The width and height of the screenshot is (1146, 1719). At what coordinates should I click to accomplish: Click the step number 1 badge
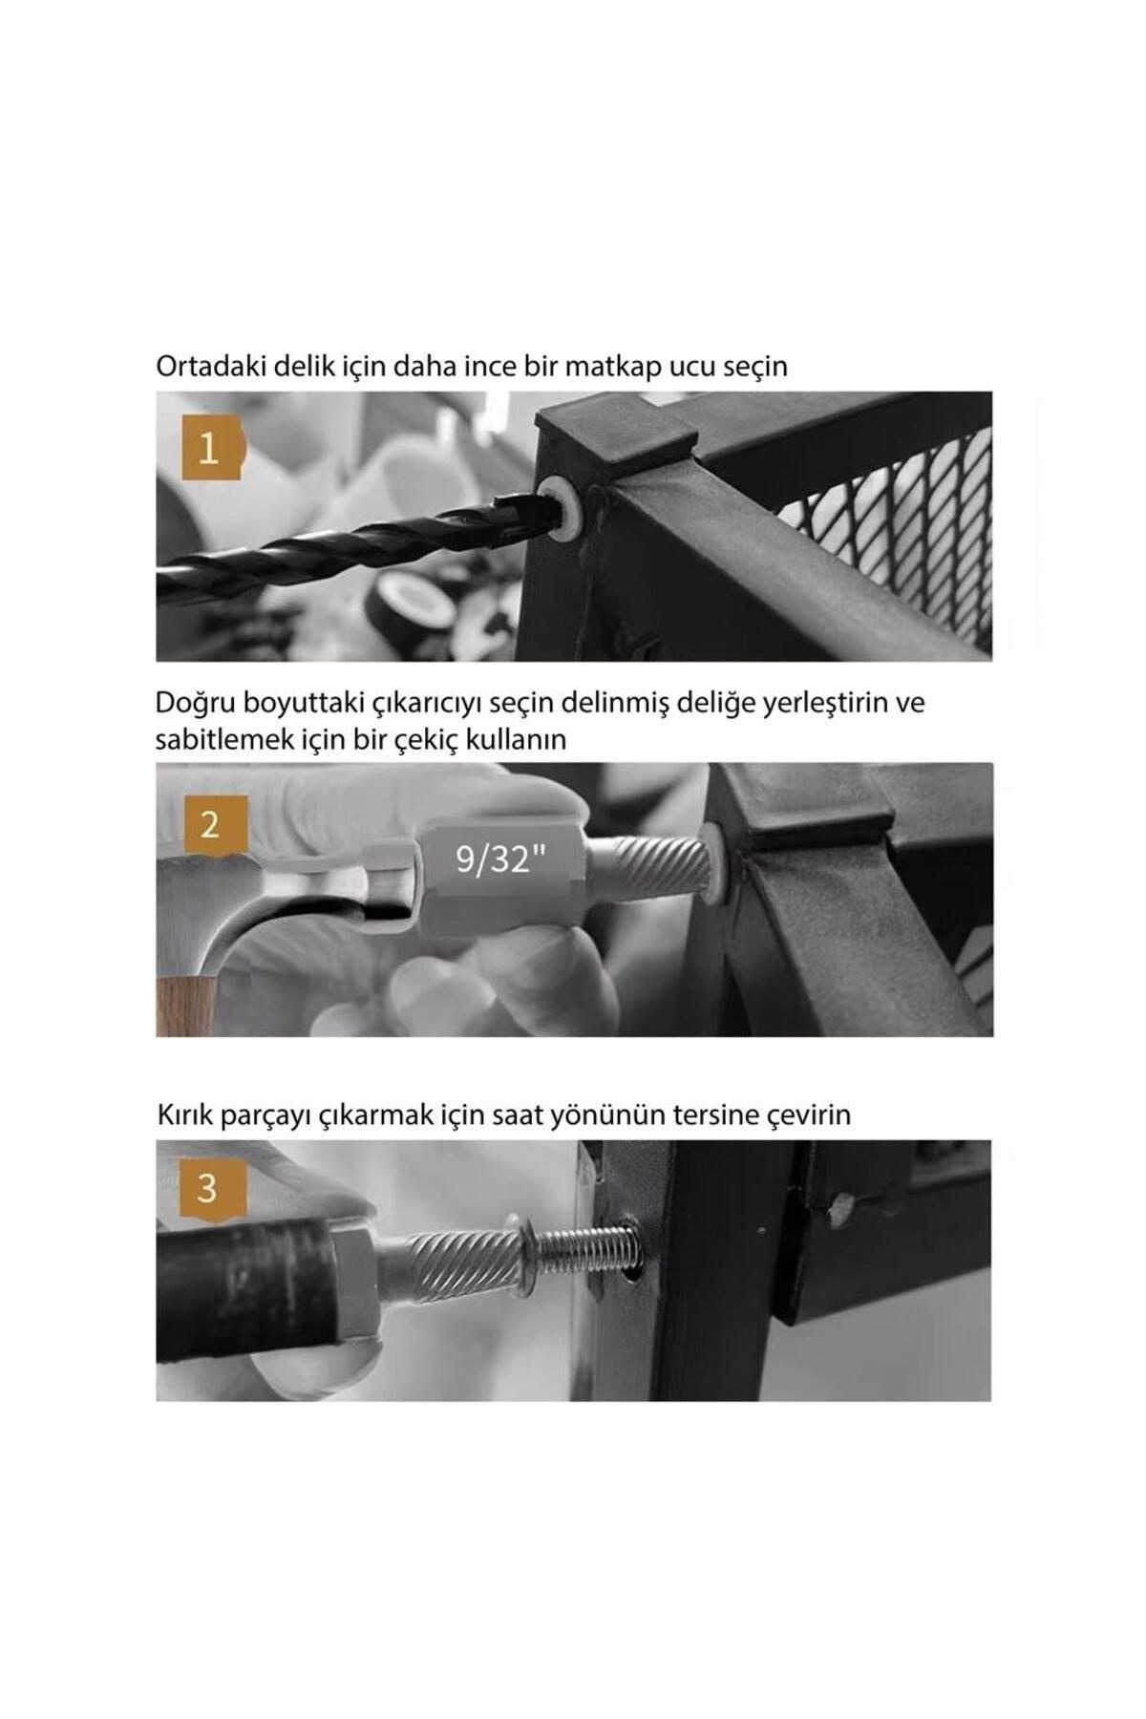(209, 447)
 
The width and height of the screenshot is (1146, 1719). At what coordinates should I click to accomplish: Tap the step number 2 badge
(211, 824)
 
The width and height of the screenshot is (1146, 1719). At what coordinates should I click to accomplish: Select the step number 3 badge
(208, 1190)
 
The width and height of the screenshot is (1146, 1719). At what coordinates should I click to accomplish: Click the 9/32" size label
(500, 859)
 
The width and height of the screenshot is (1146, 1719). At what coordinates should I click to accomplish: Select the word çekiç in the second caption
(427, 739)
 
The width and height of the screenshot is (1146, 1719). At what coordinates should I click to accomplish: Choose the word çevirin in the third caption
(810, 1114)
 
